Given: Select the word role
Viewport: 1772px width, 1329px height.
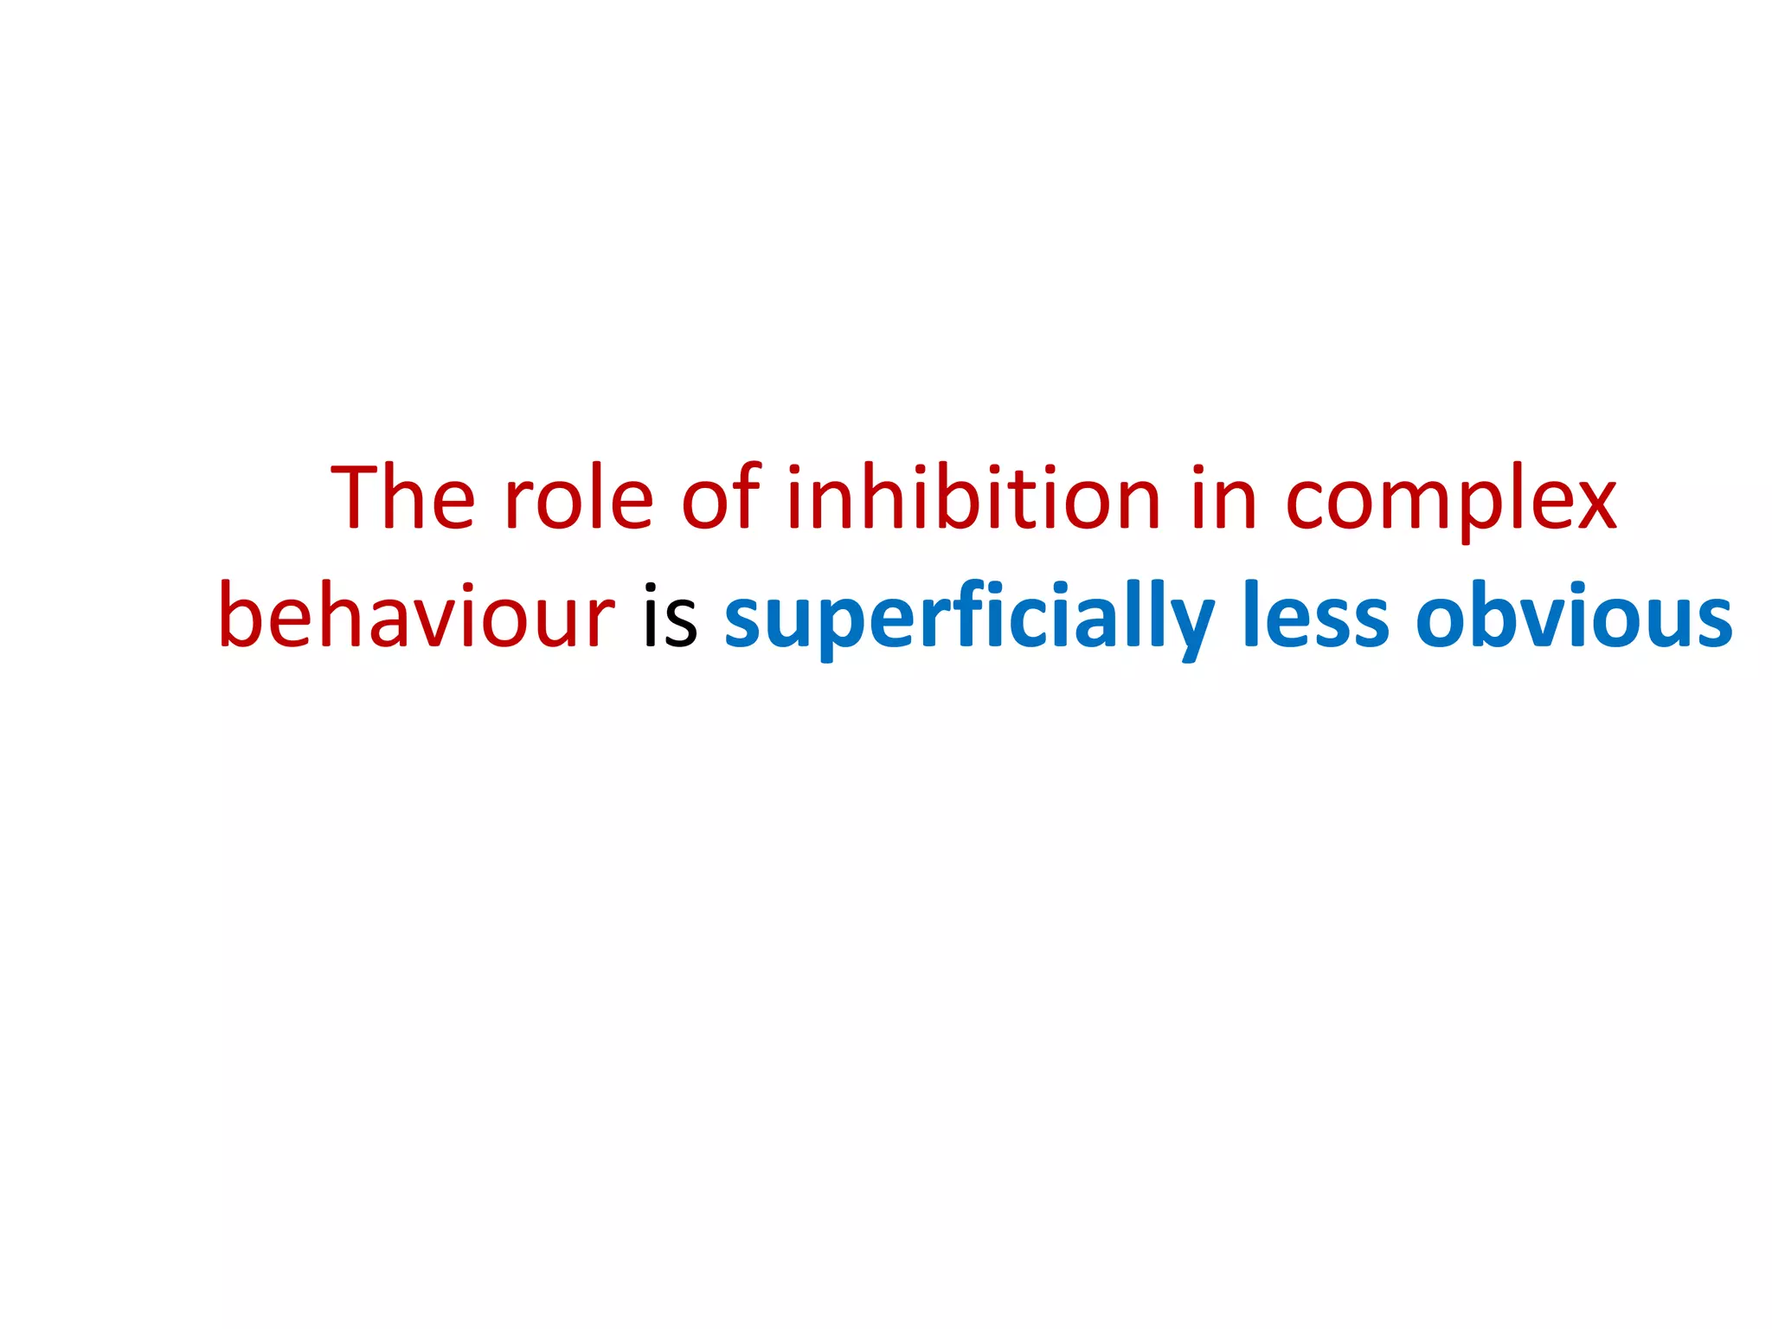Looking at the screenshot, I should tap(578, 499).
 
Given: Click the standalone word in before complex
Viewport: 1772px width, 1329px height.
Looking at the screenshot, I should tap(1223, 499).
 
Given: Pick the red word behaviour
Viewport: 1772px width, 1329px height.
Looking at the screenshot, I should tap(416, 616).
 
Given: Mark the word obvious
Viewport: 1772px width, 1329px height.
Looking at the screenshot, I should tap(1574, 616).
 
